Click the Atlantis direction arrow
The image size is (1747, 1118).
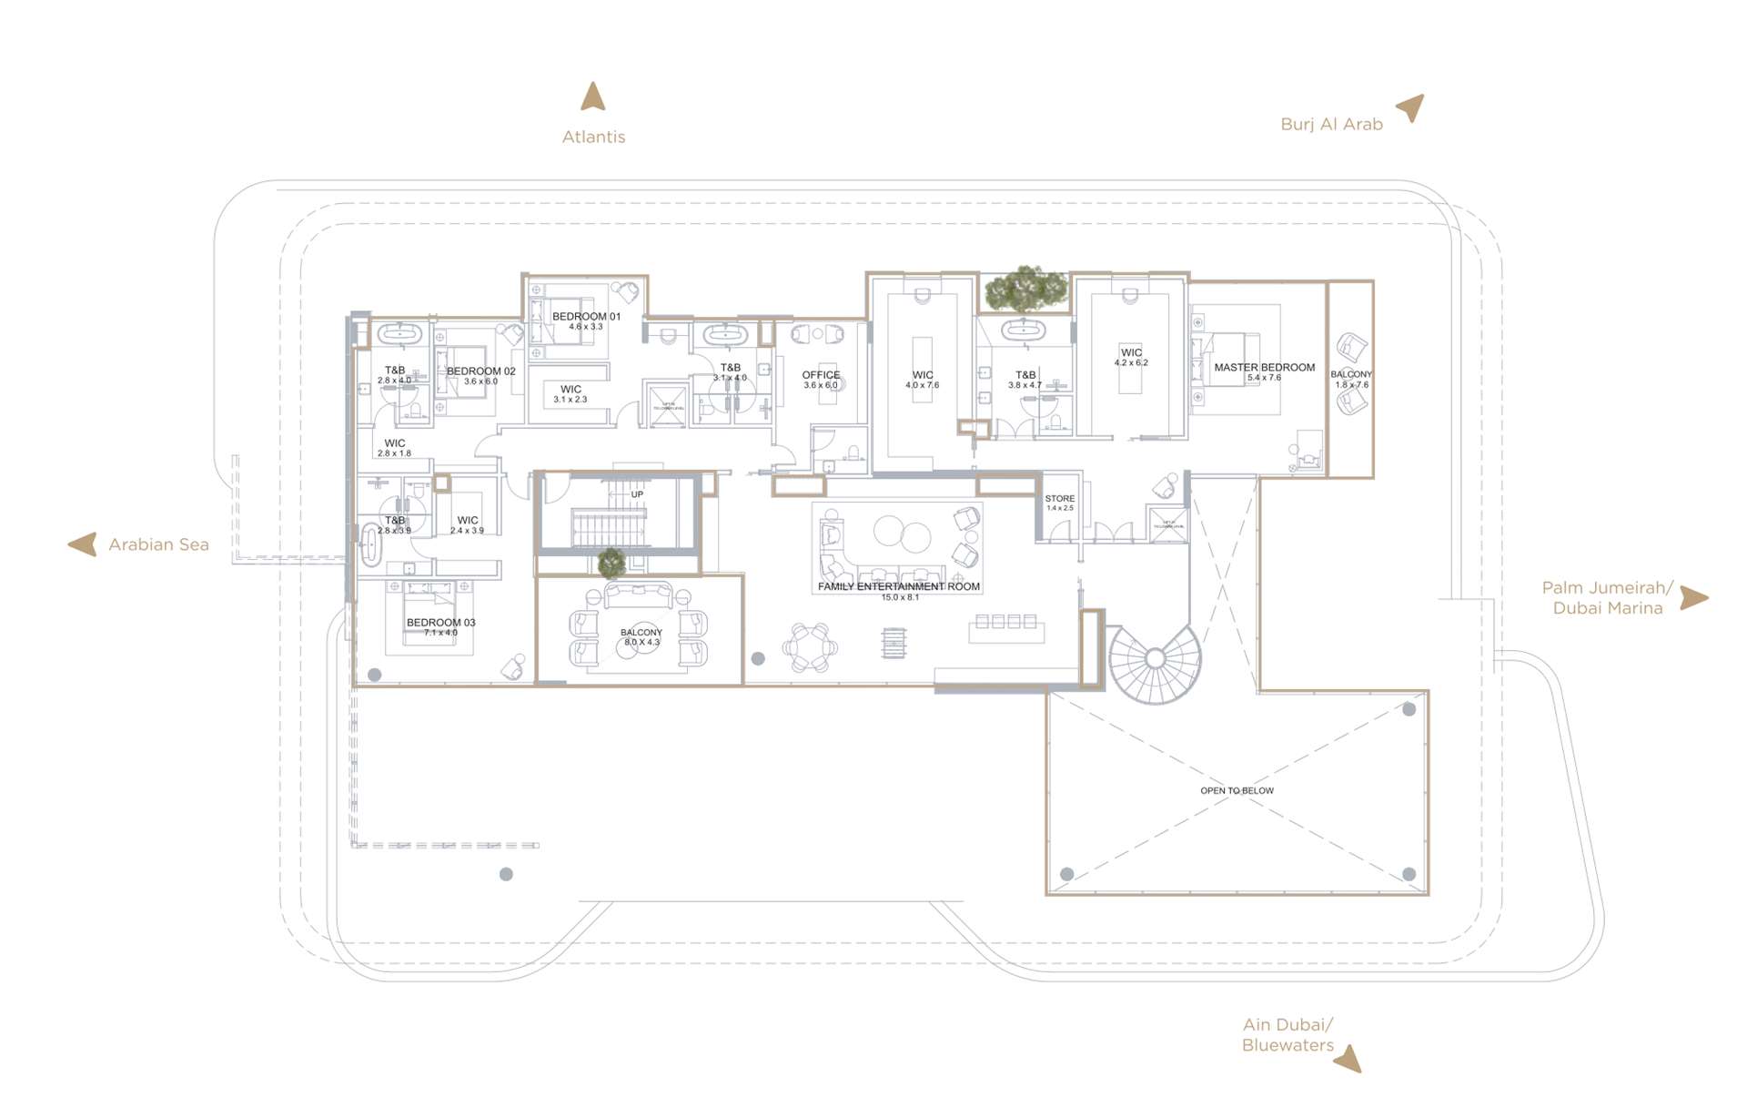coord(593,97)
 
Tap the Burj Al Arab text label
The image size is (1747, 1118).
coord(1331,125)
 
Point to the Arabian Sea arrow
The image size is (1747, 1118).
coord(83,544)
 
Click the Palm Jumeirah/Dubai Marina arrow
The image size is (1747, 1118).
coord(1693,597)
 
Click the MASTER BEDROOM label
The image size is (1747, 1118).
coord(1264,368)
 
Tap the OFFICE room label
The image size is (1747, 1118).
coord(821,375)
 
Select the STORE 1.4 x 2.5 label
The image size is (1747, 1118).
coord(1059,503)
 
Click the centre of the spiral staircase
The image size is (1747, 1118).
coord(1155,657)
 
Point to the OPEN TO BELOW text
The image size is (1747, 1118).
coord(1237,790)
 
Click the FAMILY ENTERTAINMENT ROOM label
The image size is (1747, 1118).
coord(898,587)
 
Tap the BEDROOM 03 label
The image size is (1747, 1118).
coord(440,624)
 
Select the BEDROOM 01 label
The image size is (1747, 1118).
coord(586,317)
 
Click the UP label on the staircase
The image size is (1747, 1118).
coord(637,494)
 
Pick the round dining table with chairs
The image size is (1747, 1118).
coord(810,647)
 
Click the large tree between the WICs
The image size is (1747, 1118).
coord(1025,288)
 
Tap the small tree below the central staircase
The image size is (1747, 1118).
coord(611,563)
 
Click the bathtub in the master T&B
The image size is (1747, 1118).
coord(1025,330)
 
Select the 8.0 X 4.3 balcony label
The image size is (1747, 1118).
coord(641,637)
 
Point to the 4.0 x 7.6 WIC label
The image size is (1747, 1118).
coord(922,380)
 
